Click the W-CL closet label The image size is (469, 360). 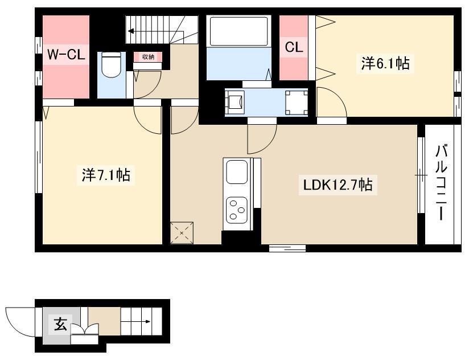pos(66,55)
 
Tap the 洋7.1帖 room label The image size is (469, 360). pos(106,175)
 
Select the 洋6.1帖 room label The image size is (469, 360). pos(385,63)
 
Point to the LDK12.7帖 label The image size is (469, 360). pos(338,185)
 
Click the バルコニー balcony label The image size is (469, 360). pos(441,182)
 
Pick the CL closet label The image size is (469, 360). pos(294,47)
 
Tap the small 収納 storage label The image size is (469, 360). pos(148,57)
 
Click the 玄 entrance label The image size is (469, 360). pos(61,324)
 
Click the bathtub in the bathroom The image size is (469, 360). pos(238,31)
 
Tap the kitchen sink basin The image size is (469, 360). pos(237,172)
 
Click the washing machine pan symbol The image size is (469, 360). pos(296,103)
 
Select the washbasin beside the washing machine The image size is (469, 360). pos(235,103)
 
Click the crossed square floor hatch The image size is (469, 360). pos(182,232)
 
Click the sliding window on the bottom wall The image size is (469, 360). pos(287,248)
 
